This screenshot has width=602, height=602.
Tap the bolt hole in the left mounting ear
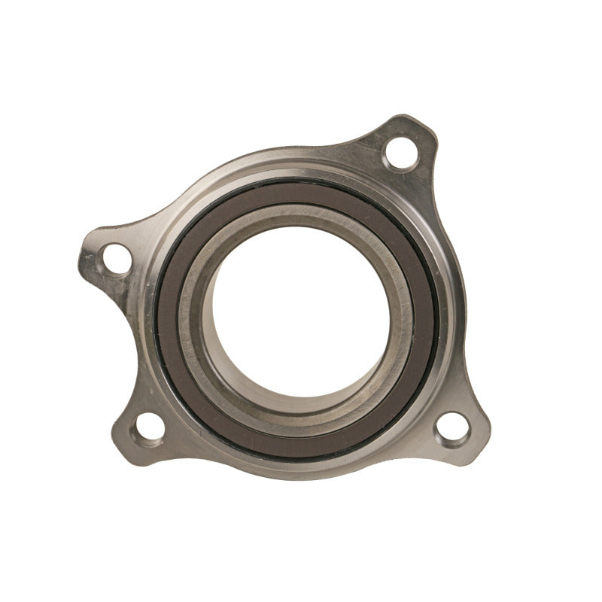pyautogui.click(x=117, y=259)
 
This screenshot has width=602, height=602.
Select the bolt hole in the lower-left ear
pyautogui.click(x=150, y=427)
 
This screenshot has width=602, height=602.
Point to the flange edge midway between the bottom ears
pyautogui.click(x=301, y=476)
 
